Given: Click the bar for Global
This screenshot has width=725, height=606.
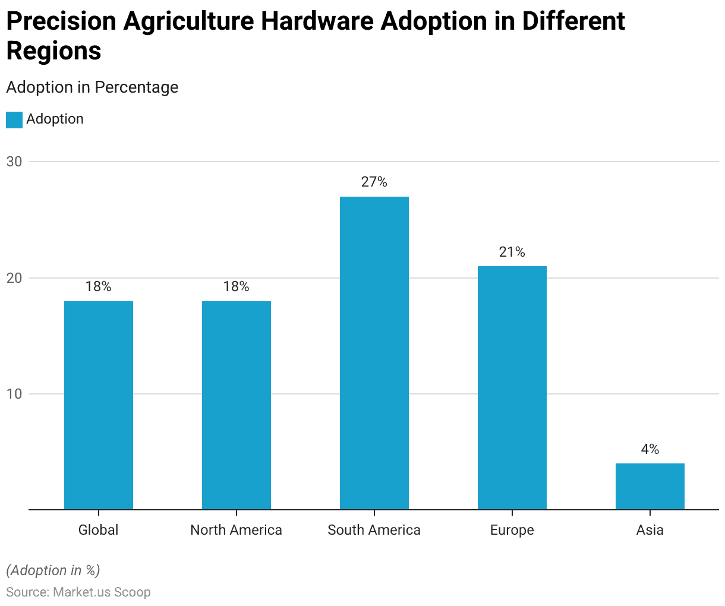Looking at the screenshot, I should pyautogui.click(x=99, y=405).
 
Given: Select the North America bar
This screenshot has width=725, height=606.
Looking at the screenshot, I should pyautogui.click(x=237, y=405).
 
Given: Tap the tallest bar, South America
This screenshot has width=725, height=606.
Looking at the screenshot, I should pyautogui.click(x=374, y=353).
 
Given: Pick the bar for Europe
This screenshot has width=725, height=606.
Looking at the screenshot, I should pyautogui.click(x=512, y=387).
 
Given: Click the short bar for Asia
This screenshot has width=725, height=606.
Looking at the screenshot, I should pyautogui.click(x=650, y=486).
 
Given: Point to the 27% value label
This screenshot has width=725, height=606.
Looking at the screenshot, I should pyautogui.click(x=374, y=182).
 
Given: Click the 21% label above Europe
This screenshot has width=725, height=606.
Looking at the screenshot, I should pyautogui.click(x=512, y=252).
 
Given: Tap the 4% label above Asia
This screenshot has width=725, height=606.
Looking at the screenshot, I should pyautogui.click(x=650, y=449).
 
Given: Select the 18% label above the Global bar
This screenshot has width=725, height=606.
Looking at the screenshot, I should pyautogui.click(x=99, y=286).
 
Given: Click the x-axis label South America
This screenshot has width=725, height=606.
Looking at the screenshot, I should pyautogui.click(x=374, y=530).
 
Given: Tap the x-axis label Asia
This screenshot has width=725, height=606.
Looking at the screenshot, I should pyautogui.click(x=650, y=530).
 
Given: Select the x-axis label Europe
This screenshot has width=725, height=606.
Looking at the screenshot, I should pyautogui.click(x=512, y=530).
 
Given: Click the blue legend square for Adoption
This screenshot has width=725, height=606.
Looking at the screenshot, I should pyautogui.click(x=14, y=119).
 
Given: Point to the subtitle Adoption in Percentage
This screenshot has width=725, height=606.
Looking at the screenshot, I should pyautogui.click(x=92, y=87).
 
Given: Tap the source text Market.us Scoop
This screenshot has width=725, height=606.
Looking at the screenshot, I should pyautogui.click(x=102, y=592).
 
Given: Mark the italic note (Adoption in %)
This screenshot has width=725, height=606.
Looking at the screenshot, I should pyautogui.click(x=53, y=570).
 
